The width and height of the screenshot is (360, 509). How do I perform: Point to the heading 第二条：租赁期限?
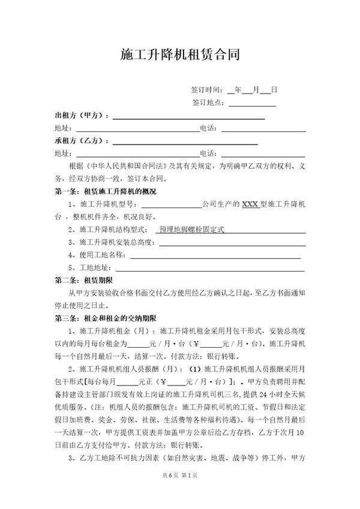[80, 280]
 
